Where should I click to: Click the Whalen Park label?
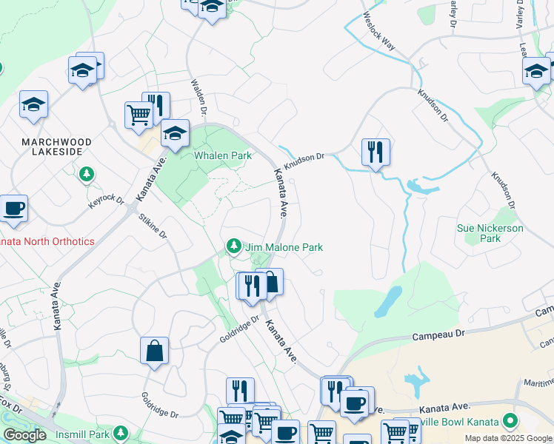pyautogui.click(x=222, y=156)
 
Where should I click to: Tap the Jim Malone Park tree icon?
pyautogui.click(x=234, y=245)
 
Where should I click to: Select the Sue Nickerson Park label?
pyautogui.click(x=490, y=233)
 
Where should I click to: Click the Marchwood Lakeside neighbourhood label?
pyautogui.click(x=56, y=148)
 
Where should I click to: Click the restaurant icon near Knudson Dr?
pyautogui.click(x=376, y=152)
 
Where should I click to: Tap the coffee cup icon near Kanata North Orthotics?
pyautogui.click(x=13, y=208)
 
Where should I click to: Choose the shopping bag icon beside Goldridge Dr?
pyautogui.click(x=154, y=351)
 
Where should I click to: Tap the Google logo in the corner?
pyautogui.click(x=24, y=435)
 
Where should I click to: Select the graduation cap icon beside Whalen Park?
pyautogui.click(x=175, y=133)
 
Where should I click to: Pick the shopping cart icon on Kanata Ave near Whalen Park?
pyautogui.click(x=138, y=115)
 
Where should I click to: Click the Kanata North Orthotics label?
pyautogui.click(x=47, y=241)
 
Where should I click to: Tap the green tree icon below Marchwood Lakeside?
pyautogui.click(x=87, y=175)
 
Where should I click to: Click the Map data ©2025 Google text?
pyautogui.click(x=509, y=438)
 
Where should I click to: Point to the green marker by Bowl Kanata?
pyautogui.click(x=510, y=422)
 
